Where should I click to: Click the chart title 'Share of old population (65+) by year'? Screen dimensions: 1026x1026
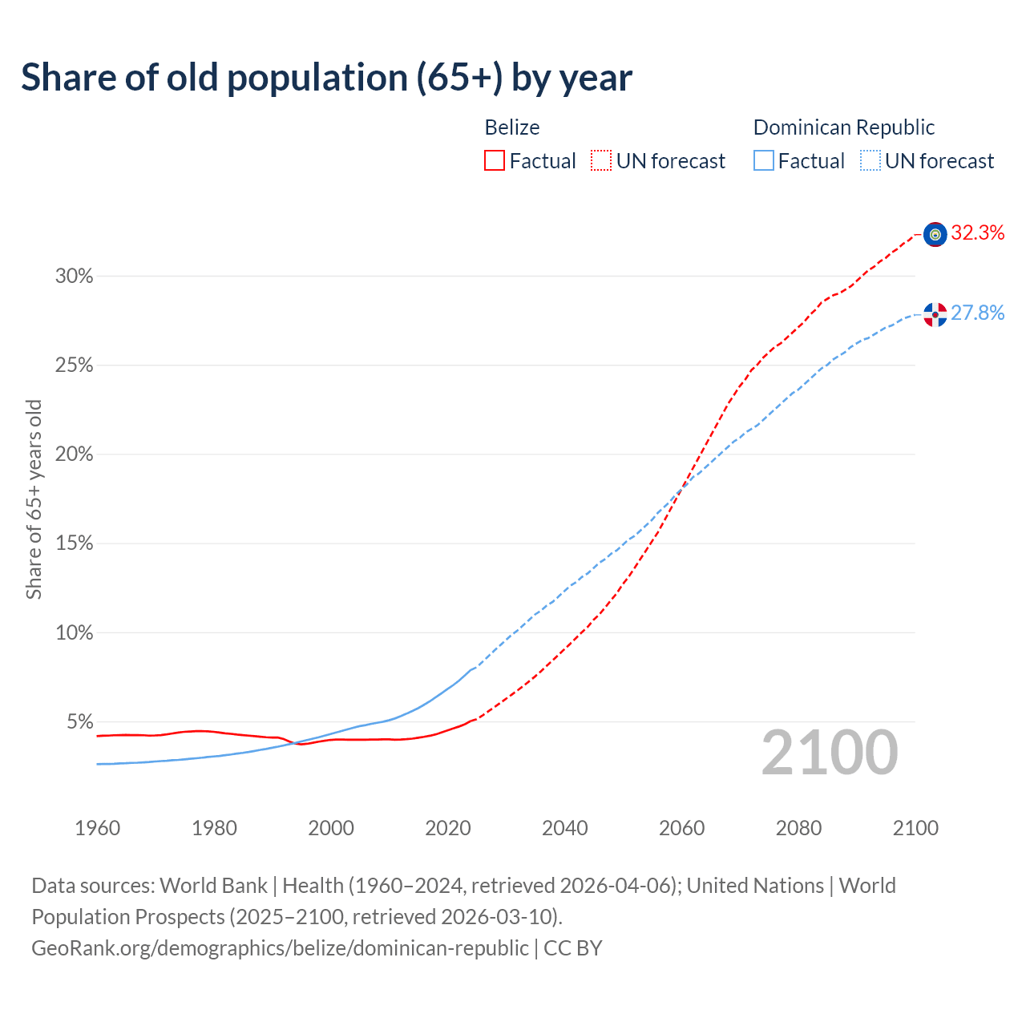click(326, 78)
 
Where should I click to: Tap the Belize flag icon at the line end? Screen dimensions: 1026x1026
click(935, 234)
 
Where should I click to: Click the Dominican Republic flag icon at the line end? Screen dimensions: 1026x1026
click(935, 314)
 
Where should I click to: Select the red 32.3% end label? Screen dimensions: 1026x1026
click(978, 233)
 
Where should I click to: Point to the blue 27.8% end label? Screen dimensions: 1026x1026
click(978, 313)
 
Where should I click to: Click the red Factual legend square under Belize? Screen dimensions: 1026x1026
click(495, 161)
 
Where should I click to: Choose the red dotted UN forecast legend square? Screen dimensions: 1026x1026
click(601, 161)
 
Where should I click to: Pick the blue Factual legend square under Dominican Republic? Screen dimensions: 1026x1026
click(764, 161)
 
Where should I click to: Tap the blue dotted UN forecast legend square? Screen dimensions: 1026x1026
click(870, 161)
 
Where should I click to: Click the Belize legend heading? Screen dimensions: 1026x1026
click(512, 127)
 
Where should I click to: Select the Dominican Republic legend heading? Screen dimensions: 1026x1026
click(844, 127)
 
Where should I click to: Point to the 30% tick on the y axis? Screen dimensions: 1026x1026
click(74, 277)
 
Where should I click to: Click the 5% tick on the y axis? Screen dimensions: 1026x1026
click(79, 722)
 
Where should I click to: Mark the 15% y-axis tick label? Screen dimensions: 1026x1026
click(74, 543)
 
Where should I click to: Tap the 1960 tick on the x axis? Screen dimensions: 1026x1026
click(97, 828)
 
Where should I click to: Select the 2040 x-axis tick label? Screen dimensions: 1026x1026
click(564, 828)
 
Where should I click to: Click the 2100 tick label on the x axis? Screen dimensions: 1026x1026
click(915, 828)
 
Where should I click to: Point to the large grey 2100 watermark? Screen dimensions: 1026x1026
click(830, 753)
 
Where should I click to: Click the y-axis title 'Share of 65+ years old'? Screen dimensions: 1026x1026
click(34, 499)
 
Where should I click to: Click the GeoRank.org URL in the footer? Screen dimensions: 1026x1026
click(280, 948)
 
